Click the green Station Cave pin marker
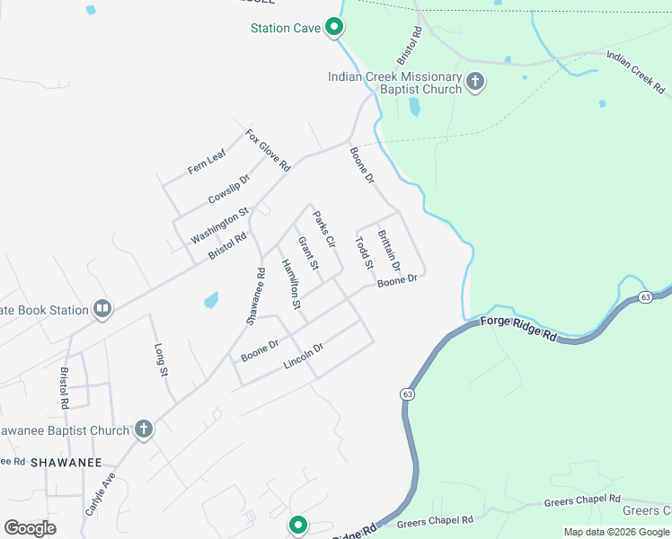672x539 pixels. coord(334,28)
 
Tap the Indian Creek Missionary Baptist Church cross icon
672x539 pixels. coord(475,84)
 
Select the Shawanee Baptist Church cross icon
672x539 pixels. coord(143,430)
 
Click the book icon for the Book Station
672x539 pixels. coord(102,310)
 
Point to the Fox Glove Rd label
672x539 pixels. coord(268,150)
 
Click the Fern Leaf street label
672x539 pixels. coord(207,163)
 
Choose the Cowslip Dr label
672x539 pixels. coord(228,189)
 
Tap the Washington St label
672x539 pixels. coord(219,228)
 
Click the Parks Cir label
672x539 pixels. coord(323,229)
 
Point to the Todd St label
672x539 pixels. coord(364,253)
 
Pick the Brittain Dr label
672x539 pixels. coord(388,245)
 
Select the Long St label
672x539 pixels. coord(162,358)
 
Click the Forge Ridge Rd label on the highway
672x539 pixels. coord(518,329)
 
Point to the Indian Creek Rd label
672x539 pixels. coord(635,73)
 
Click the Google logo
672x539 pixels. coord(30,528)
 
